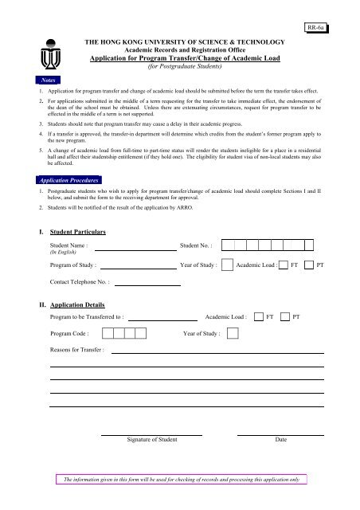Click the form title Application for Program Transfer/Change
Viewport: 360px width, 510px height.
tap(177, 57)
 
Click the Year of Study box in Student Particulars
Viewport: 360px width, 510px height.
tap(226, 265)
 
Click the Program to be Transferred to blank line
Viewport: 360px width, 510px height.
tap(162, 316)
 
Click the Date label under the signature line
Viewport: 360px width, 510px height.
tap(280, 440)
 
